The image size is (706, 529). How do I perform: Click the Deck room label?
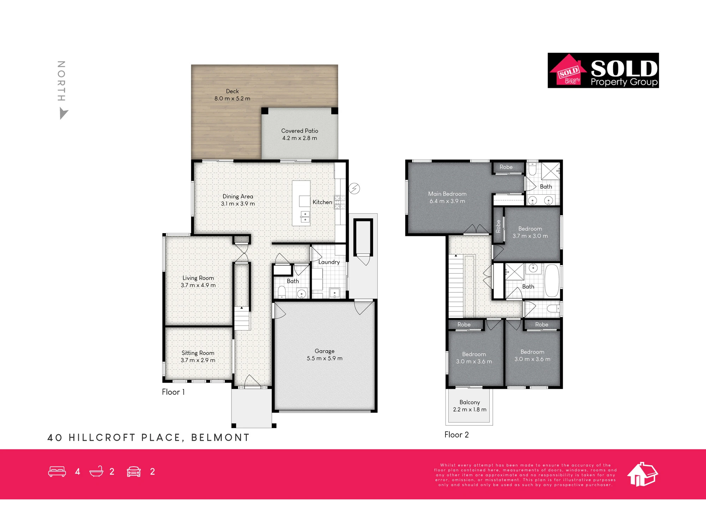pos(232,91)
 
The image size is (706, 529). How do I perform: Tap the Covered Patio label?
pos(300,131)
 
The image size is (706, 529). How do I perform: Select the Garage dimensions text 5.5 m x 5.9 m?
pos(324,358)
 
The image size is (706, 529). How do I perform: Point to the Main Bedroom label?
pos(447,194)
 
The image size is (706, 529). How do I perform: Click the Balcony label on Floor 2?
pos(469,402)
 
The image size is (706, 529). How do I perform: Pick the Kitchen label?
pos(322,202)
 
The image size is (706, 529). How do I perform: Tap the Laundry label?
pos(329,262)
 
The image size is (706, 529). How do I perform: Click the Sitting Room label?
pos(198,353)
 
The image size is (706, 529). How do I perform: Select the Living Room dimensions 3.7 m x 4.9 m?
pos(198,285)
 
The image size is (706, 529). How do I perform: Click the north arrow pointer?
pos(63,114)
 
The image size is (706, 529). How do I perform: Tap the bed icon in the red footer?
pos(57,472)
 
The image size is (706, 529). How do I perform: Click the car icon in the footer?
pos(134,472)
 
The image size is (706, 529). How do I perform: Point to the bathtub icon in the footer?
pos(96,472)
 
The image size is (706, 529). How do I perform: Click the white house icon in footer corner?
pos(642,474)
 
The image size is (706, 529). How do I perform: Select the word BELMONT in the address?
pos(220,438)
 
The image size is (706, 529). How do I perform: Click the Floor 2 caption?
pos(456,435)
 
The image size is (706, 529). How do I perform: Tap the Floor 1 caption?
pos(173,392)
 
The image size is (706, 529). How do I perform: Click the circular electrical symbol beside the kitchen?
pos(354,189)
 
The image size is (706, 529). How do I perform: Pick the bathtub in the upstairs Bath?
pos(552,281)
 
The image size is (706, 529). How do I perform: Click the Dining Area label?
pos(238,196)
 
